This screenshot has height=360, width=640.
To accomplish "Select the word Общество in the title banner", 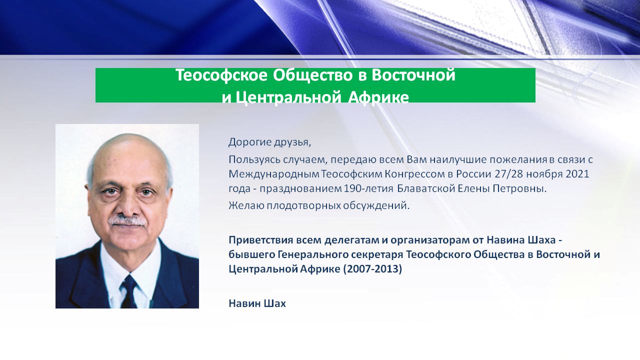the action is pos(312,75).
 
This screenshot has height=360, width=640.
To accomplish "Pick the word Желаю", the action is pos(246,205).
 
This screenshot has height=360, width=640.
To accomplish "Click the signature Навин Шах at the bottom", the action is pos(257,303).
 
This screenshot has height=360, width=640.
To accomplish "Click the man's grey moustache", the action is pos(127,221).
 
